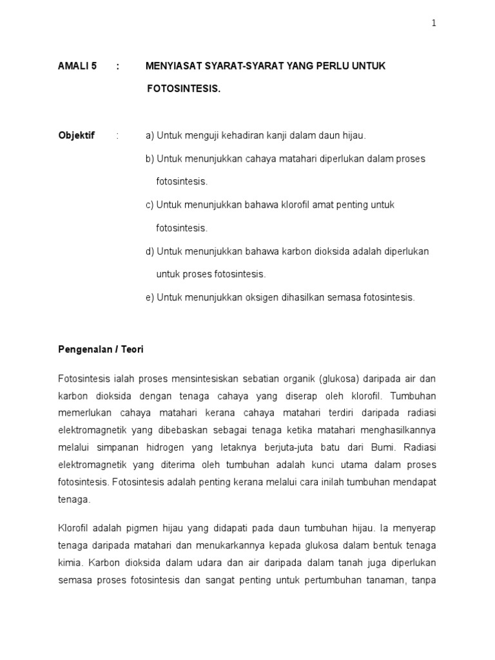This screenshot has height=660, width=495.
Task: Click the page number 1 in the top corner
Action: [x=434, y=23]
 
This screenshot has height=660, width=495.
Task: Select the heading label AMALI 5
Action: [x=77, y=66]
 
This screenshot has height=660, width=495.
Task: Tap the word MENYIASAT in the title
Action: [x=172, y=66]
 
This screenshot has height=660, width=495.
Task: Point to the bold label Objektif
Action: [x=76, y=135]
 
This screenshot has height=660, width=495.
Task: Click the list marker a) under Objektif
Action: [x=150, y=135]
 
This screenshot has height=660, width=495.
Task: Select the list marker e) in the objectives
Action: [x=150, y=298]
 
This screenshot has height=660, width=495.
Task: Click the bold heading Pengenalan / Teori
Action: [x=101, y=349]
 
